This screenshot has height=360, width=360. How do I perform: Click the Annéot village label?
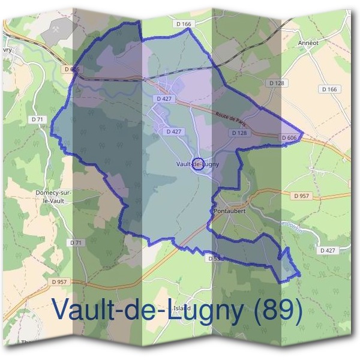(x=308, y=43)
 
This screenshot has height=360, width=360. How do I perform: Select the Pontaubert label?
(x=229, y=211)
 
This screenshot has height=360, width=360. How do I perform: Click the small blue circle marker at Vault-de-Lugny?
(x=197, y=163)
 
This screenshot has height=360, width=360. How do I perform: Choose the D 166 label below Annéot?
(x=329, y=89)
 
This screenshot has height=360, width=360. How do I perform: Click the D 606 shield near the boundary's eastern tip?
(x=289, y=138)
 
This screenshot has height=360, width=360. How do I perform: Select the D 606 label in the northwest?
(x=71, y=69)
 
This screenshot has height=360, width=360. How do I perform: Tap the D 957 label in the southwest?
(x=60, y=281)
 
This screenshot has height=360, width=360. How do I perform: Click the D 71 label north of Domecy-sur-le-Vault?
(x=37, y=120)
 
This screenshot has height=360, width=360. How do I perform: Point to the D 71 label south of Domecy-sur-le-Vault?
(x=76, y=242)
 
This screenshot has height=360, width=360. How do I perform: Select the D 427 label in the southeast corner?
(x=327, y=250)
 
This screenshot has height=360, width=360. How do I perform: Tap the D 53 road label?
(x=215, y=259)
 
